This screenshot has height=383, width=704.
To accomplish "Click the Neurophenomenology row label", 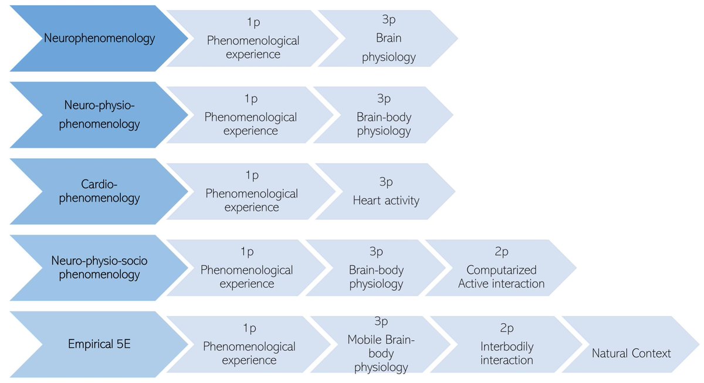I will click(x=99, y=39).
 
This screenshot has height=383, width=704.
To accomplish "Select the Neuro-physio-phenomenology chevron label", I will click(x=99, y=115).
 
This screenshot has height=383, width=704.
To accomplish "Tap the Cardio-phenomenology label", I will click(x=99, y=191).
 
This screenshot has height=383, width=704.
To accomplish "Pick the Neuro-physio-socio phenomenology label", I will click(x=99, y=267).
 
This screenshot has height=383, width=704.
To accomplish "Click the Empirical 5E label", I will click(x=99, y=344).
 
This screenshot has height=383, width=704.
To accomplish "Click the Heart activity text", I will click(x=386, y=201).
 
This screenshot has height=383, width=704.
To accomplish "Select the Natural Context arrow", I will click(x=631, y=353).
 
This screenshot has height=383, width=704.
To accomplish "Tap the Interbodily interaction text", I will click(x=506, y=353).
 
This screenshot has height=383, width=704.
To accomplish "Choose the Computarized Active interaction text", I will click(x=501, y=277).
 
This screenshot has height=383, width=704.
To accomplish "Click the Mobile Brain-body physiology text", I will click(x=381, y=353).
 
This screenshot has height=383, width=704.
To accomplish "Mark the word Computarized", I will click(x=501, y=270).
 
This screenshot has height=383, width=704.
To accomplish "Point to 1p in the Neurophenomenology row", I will click(x=253, y=23).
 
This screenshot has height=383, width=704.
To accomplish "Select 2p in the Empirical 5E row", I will click(x=506, y=328).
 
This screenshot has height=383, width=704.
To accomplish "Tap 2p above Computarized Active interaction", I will click(x=501, y=252).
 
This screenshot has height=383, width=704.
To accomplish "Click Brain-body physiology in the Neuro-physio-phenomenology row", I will click(x=384, y=124).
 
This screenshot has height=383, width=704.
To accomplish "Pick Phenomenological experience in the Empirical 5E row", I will click(x=249, y=353).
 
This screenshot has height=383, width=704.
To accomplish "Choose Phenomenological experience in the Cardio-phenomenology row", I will click(x=252, y=200).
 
